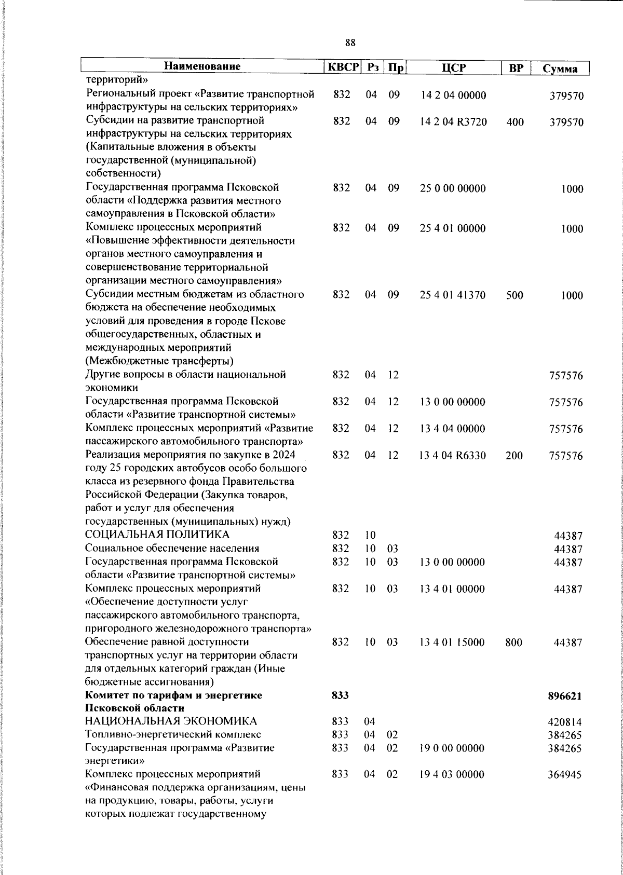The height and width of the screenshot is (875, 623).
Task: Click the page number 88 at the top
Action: click(350, 43)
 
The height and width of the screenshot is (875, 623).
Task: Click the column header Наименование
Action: click(202, 67)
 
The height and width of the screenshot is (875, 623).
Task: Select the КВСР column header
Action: click(342, 67)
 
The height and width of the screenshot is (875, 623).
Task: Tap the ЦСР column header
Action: click(454, 67)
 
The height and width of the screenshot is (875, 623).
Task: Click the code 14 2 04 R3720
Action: click(454, 122)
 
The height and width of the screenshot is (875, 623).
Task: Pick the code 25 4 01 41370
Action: click(453, 295)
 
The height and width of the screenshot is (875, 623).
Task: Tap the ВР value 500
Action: click(515, 295)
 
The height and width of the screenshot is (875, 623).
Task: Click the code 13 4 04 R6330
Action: click(453, 456)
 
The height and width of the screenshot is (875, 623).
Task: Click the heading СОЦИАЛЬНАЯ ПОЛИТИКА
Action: click(157, 535)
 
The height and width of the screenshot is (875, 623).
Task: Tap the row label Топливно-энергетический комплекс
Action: click(173, 734)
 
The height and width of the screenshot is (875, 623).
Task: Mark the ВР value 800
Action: click(514, 642)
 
